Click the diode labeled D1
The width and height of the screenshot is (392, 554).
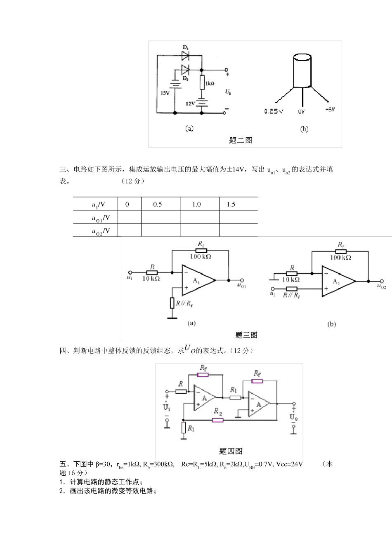pyautogui.click(x=185, y=54)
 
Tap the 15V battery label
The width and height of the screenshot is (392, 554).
pyautogui.click(x=165, y=93)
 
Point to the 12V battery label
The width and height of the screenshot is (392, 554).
pyautogui.click(x=190, y=103)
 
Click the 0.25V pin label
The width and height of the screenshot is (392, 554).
pyautogui.click(x=274, y=111)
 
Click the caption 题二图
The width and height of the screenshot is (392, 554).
pyautogui.click(x=241, y=140)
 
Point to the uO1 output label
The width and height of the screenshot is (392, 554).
pyautogui.click(x=241, y=286)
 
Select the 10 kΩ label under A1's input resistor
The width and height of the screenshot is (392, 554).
pyautogui.click(x=151, y=279)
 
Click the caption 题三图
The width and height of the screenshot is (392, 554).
pyautogui.click(x=246, y=335)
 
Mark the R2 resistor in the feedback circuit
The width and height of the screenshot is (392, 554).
pyautogui.click(x=217, y=420)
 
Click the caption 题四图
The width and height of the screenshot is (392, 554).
pyautogui.click(x=231, y=451)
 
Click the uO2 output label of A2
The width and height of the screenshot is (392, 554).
pyautogui.click(x=381, y=286)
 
